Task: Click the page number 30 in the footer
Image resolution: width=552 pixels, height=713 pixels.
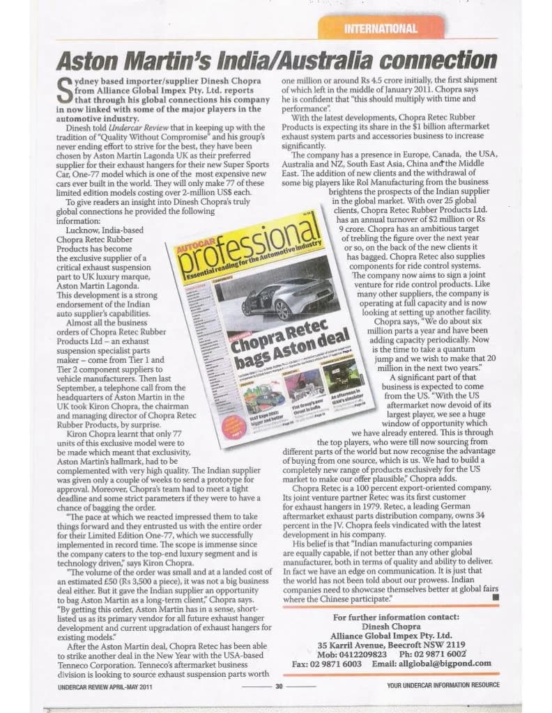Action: pyautogui.click(x=278, y=685)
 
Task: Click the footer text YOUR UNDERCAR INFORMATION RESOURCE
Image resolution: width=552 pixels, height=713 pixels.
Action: pyautogui.click(x=443, y=685)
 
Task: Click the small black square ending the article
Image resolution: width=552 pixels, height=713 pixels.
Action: pyautogui.click(x=496, y=597)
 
